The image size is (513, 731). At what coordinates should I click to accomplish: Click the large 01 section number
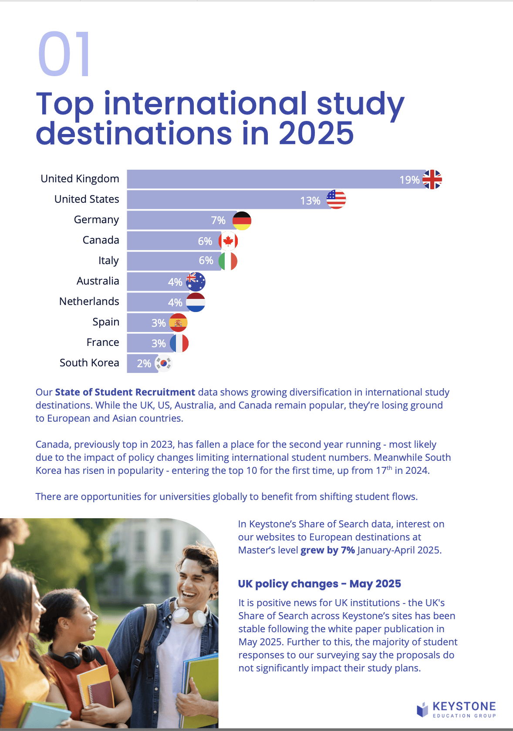pyautogui.click(x=64, y=54)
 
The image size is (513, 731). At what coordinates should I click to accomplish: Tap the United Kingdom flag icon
pyautogui.click(x=432, y=179)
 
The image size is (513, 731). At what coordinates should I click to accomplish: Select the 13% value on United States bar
pyautogui.click(x=310, y=201)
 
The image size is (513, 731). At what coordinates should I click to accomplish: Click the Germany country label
pyautogui.click(x=96, y=220)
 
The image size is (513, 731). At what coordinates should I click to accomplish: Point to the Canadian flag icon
pyautogui.click(x=228, y=241)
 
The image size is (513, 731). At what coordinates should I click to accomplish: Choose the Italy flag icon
pyautogui.click(x=227, y=261)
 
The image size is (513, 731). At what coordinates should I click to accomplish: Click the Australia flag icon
pyautogui.click(x=196, y=282)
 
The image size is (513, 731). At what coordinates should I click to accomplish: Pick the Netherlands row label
pyautogui.click(x=89, y=301)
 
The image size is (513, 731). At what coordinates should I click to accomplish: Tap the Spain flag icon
pyautogui.click(x=178, y=322)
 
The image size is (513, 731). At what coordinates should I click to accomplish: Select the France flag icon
pyautogui.click(x=179, y=343)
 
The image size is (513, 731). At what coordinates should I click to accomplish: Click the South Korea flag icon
pyautogui.click(x=163, y=363)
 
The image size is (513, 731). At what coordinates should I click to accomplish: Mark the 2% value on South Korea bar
pyautogui.click(x=144, y=364)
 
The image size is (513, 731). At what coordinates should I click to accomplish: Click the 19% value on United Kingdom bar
pyautogui.click(x=409, y=180)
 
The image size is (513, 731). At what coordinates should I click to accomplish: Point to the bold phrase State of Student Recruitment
pyautogui.click(x=125, y=392)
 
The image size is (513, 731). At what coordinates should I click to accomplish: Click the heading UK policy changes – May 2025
pyautogui.click(x=319, y=583)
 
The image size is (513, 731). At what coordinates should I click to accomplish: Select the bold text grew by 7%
pyautogui.click(x=327, y=550)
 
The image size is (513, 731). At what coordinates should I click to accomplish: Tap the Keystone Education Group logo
pyautogui.click(x=456, y=709)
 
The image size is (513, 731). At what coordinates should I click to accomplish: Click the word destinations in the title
pyautogui.click(x=134, y=133)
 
